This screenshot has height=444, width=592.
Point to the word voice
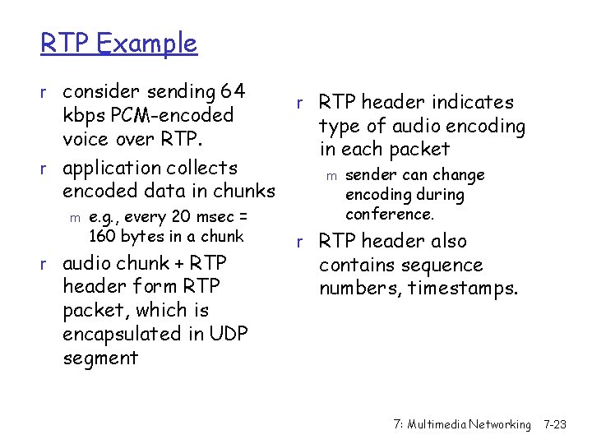coord(86,138)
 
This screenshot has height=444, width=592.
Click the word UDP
coord(229,334)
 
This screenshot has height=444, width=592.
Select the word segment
coord(100,358)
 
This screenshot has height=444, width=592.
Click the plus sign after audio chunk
coord(180,263)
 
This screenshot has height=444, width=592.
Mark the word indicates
coord(474,102)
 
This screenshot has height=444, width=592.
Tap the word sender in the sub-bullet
coord(370,175)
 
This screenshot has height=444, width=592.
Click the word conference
coord(390,215)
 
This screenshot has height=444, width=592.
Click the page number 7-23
coord(555,424)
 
